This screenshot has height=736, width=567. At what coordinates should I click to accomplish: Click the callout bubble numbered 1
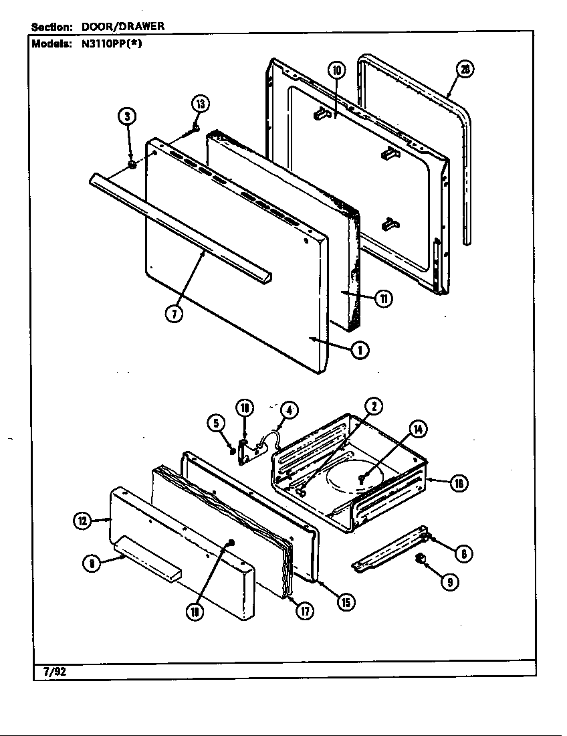tap(360, 349)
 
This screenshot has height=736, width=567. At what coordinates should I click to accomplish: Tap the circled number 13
tap(200, 103)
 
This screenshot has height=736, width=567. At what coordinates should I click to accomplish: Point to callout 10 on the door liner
tap(336, 70)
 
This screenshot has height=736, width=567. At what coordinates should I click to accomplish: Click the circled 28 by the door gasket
tap(465, 69)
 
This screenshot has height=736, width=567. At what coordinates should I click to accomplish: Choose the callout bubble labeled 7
tap(173, 314)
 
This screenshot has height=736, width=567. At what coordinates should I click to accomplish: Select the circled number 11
tap(383, 298)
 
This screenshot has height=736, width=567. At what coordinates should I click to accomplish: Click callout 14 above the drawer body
tap(418, 429)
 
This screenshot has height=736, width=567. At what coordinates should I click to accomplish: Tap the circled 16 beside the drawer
tap(458, 483)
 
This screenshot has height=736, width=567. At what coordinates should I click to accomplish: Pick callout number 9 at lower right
tap(449, 582)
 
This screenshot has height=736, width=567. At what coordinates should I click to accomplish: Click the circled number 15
tap(345, 602)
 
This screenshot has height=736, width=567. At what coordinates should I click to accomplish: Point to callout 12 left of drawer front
tap(82, 521)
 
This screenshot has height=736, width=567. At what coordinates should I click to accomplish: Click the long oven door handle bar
tap(181, 227)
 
